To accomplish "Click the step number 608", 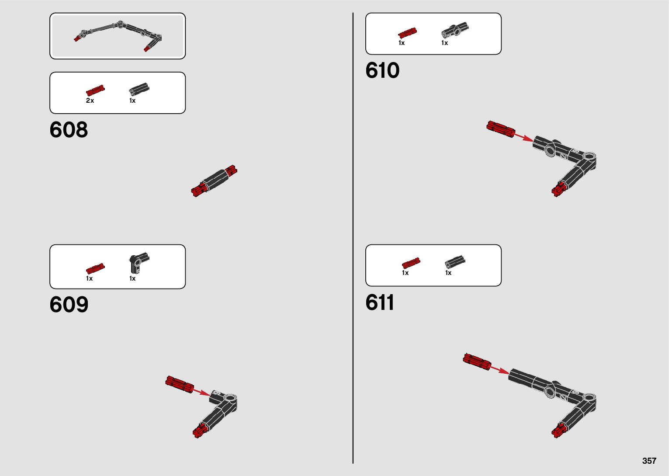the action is pyautogui.click(x=69, y=130).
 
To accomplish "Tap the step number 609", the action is pyautogui.click(x=69, y=305).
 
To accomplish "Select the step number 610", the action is pyautogui.click(x=382, y=70).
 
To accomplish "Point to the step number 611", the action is pyautogui.click(x=380, y=302).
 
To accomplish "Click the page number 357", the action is pyautogui.click(x=649, y=461).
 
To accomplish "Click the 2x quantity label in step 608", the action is pyautogui.click(x=90, y=101).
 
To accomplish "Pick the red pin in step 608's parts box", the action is pyautogui.click(x=95, y=90).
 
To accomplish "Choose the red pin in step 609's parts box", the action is pyautogui.click(x=95, y=268).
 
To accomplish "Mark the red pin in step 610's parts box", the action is pyautogui.click(x=407, y=32).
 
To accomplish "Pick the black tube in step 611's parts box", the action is pyautogui.click(x=455, y=261).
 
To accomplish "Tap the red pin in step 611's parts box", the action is pyautogui.click(x=411, y=263).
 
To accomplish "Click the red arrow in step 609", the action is pyautogui.click(x=201, y=392).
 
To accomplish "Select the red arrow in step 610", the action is pyautogui.click(x=523, y=138).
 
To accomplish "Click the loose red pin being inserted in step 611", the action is pyautogui.click(x=477, y=361).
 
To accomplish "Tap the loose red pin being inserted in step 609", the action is pyautogui.click(x=179, y=384).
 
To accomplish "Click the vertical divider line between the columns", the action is pyautogui.click(x=353, y=238).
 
